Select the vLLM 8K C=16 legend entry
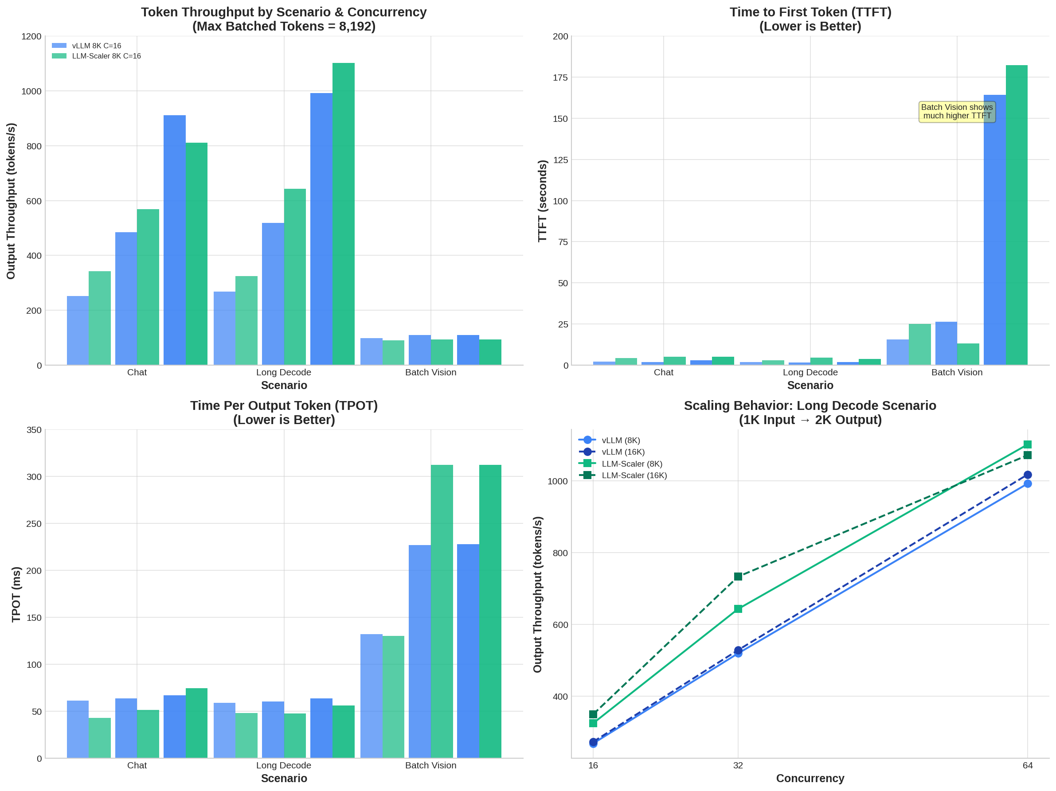(96, 46)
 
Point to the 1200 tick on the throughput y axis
(31, 36)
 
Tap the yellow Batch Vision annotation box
(957, 112)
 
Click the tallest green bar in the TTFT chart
(1017, 214)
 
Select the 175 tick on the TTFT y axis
(560, 77)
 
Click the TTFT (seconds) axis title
(542, 201)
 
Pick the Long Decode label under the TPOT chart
(284, 765)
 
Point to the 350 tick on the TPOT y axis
(34, 430)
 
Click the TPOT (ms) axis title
(16, 594)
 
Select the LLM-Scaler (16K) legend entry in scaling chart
(634, 475)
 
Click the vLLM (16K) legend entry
(623, 452)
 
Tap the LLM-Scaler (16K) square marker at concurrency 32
(738, 577)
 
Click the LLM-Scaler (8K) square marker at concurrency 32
(738, 609)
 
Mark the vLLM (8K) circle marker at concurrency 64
(1027, 484)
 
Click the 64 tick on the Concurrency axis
(1027, 765)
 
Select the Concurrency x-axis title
(810, 778)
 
